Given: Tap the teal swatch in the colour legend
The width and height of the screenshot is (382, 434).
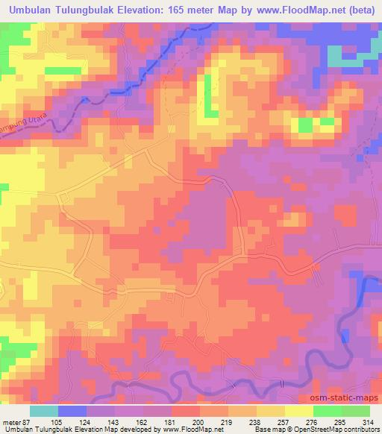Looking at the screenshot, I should click(44, 411).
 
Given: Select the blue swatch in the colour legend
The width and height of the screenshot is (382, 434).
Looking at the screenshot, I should click(72, 411).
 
